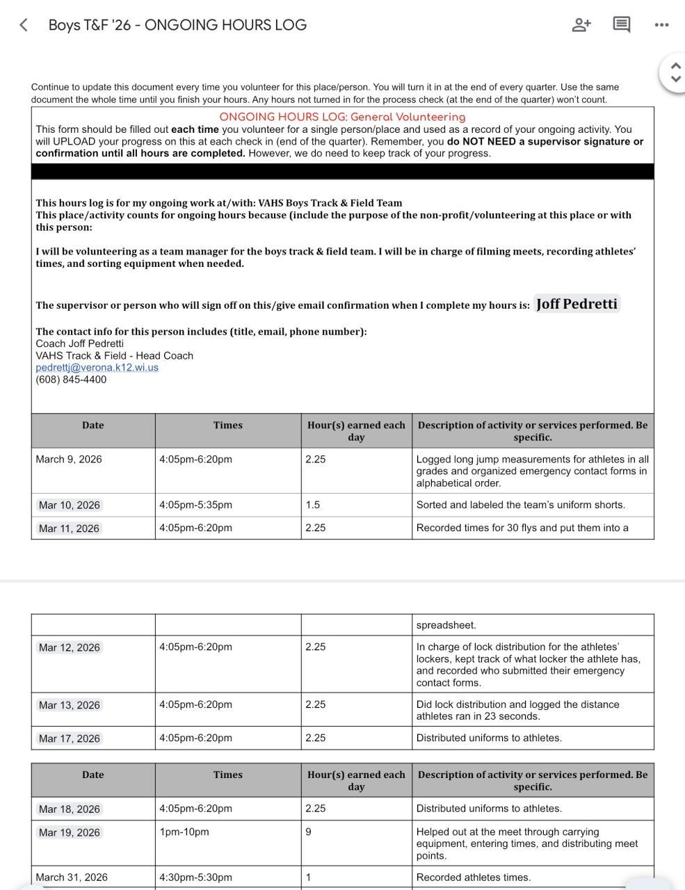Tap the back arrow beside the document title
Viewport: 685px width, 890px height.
pyautogui.click(x=24, y=25)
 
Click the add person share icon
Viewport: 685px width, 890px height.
pyautogui.click(x=581, y=25)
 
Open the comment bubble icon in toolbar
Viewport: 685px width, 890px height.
pyautogui.click(x=621, y=25)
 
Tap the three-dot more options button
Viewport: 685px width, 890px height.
pyautogui.click(x=661, y=25)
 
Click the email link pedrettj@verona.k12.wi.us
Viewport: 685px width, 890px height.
pyautogui.click(x=97, y=367)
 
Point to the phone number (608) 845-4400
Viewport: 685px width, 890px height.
pyautogui.click(x=71, y=380)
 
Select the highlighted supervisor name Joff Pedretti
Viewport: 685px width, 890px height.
pyautogui.click(x=577, y=305)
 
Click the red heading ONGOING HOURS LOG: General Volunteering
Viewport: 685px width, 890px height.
pyautogui.click(x=342, y=117)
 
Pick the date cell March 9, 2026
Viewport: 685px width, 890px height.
pyautogui.click(x=69, y=459)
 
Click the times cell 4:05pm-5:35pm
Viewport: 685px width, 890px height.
pyautogui.click(x=195, y=505)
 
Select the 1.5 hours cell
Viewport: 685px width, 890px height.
pyautogui.click(x=313, y=505)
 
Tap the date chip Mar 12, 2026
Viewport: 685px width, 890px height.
pyautogui.click(x=70, y=647)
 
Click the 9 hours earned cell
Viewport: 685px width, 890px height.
pyautogui.click(x=308, y=832)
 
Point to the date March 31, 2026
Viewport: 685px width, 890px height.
pyautogui.click(x=72, y=877)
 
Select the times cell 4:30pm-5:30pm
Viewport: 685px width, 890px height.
pyautogui.click(x=195, y=877)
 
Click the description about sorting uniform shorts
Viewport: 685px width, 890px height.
pyautogui.click(x=520, y=505)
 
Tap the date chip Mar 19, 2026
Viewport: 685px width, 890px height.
pyautogui.click(x=70, y=832)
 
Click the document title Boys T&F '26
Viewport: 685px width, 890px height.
pyautogui.click(x=177, y=25)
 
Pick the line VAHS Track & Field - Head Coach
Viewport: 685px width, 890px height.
pyautogui.click(x=115, y=355)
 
